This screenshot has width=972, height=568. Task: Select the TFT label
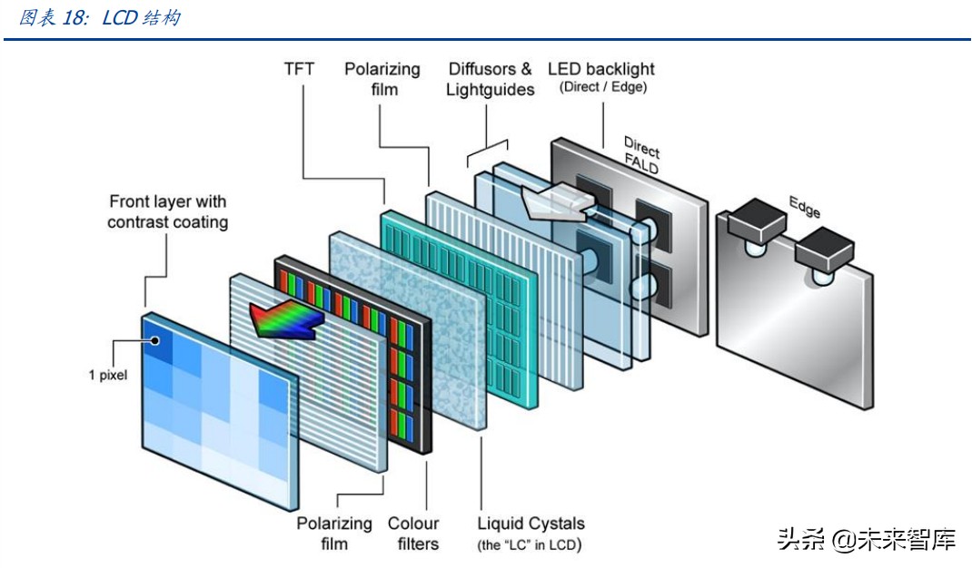click(x=301, y=69)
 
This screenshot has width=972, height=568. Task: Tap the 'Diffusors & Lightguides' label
click(x=491, y=79)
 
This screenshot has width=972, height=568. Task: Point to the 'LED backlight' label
click(x=600, y=69)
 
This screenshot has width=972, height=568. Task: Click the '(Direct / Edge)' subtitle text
click(x=602, y=87)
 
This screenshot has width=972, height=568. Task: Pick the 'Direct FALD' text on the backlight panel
click(x=640, y=155)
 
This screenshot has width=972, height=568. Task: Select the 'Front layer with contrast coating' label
click(x=167, y=211)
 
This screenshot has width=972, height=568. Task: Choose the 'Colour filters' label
click(x=413, y=534)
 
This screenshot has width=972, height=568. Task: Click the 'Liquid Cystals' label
click(x=531, y=524)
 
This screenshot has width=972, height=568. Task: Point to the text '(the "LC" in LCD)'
click(x=530, y=544)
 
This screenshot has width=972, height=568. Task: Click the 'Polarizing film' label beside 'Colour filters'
click(x=334, y=534)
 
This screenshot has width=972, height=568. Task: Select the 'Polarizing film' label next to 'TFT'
click(x=382, y=79)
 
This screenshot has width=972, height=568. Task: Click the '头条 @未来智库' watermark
click(x=867, y=541)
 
